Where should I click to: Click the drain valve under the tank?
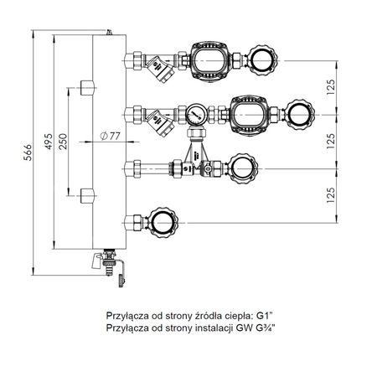tap(109, 262)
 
